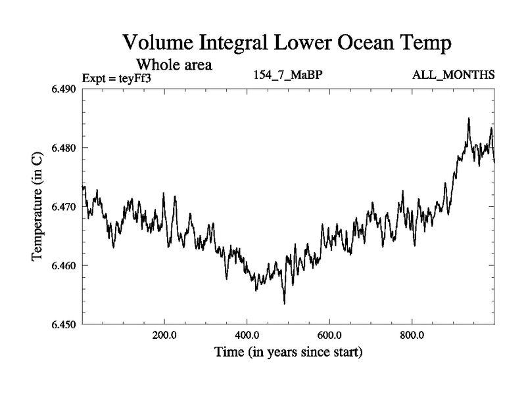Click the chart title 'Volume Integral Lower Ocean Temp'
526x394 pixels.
[x=288, y=43]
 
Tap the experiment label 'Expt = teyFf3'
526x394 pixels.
[x=117, y=79]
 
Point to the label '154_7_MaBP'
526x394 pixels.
[x=288, y=74]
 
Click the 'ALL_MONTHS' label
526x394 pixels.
[x=453, y=74]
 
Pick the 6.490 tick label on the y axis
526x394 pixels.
[x=65, y=89]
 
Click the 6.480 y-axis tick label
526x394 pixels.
[x=65, y=148]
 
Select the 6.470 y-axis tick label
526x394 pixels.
[x=65, y=207]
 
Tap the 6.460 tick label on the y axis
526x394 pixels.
[x=65, y=266]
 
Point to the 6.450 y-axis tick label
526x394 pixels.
[x=65, y=324]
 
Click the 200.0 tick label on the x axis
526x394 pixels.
[x=164, y=335]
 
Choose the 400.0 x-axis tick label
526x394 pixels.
[x=247, y=335]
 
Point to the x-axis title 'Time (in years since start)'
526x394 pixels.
[x=288, y=353]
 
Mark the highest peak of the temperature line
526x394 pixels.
[x=469, y=118]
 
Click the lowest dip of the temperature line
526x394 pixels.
[x=284, y=303]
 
